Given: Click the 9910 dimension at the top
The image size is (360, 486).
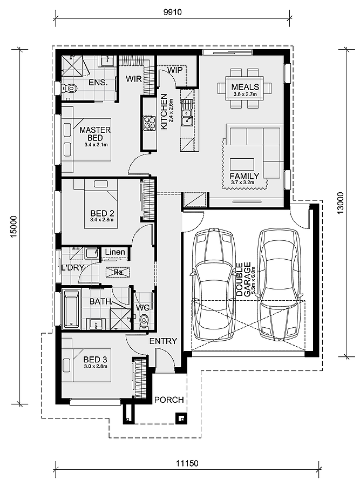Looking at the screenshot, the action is pos(173,12).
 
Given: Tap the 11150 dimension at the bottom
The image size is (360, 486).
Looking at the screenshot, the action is pos(187,463).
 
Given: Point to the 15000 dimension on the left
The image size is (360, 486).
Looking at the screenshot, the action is pos(14,227).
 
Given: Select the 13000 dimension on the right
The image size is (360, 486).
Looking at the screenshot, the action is pos(340,203).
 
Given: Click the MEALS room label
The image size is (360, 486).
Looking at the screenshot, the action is pos(245,86).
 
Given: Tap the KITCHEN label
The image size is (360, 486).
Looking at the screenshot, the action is pos(164,112).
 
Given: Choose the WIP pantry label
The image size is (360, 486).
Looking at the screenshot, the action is pos(175,70).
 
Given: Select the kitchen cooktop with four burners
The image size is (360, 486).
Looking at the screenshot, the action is pos(149,123).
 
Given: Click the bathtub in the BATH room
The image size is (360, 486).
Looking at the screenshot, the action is pos(71,309).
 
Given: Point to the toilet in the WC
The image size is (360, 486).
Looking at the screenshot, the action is pos(144,321).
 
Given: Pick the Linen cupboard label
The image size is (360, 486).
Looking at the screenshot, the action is pos(115,252).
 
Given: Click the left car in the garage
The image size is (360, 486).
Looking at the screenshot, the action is pos(213,284).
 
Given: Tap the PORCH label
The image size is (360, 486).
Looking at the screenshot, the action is pos(169,400).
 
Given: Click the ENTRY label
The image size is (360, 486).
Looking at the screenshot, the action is pos(163,341).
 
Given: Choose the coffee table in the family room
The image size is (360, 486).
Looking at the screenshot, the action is pos(242,164).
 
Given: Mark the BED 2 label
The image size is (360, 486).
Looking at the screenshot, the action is pos(102,213).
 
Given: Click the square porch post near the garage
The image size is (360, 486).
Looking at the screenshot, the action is pos(181,418).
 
